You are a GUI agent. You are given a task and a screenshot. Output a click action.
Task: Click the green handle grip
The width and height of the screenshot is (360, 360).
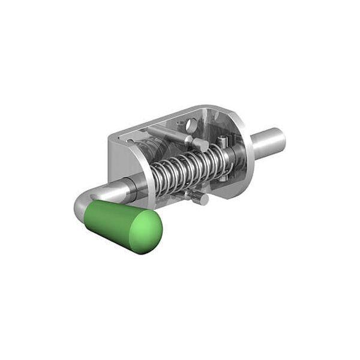(x=120, y=225)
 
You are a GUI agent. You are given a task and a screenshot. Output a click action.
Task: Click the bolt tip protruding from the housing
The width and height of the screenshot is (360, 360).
(x=267, y=144)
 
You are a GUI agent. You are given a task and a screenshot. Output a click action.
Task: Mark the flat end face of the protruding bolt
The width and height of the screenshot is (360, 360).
(x=277, y=140)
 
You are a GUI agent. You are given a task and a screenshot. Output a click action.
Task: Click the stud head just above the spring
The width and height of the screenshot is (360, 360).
(x=199, y=144)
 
